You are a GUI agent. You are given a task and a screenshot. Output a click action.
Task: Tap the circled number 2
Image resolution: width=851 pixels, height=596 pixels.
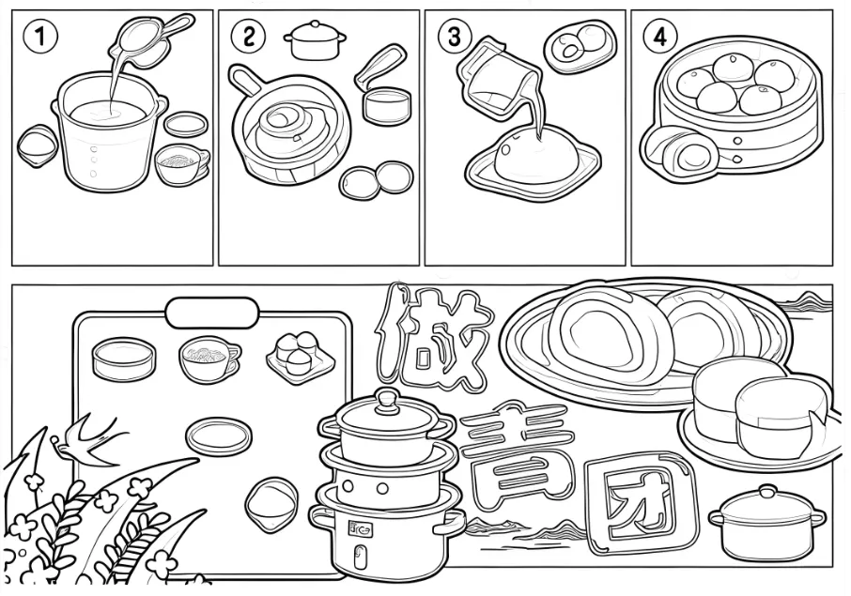click(248, 37)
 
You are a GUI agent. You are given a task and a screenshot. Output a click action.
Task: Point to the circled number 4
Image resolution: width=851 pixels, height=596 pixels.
click(660, 37)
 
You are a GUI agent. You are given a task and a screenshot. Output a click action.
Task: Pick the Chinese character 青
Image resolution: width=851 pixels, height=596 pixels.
click(518, 451)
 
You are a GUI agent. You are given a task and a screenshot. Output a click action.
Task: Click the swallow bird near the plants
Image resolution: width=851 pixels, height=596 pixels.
click(89, 440)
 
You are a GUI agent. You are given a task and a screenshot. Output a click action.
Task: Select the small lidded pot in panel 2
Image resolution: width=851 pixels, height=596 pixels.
click(315, 39)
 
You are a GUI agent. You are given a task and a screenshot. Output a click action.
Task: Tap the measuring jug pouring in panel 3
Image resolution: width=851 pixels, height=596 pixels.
click(495, 77)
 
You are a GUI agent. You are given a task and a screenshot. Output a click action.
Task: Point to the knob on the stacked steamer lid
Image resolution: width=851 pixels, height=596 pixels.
click(388, 400)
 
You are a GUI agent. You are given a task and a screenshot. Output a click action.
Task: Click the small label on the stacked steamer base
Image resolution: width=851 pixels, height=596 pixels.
click(360, 528)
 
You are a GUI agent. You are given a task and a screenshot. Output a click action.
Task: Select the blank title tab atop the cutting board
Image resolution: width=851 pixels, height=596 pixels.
click(212, 313)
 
